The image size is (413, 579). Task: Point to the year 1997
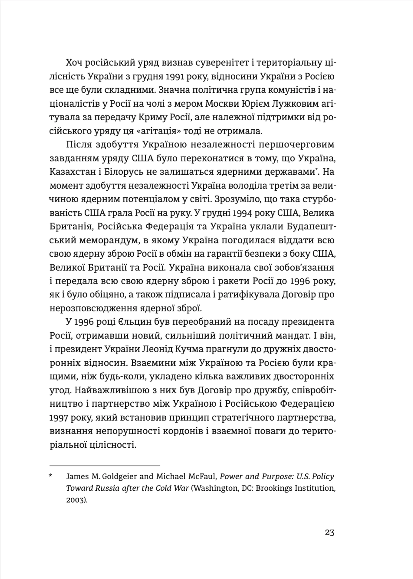[59, 418]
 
